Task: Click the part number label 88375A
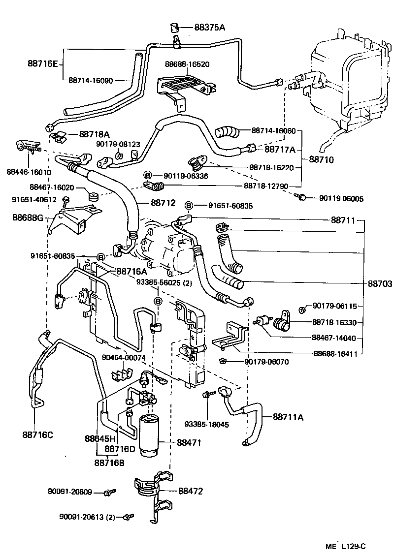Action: (209, 28)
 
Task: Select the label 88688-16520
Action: (187, 64)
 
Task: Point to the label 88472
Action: (190, 491)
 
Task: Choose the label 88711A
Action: (288, 417)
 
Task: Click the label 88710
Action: (322, 159)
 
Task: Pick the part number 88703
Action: (380, 284)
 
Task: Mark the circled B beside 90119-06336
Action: (147, 175)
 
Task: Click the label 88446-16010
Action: (29, 172)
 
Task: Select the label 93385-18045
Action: (207, 424)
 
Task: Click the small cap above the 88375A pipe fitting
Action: (173, 26)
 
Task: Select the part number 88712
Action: (163, 202)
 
